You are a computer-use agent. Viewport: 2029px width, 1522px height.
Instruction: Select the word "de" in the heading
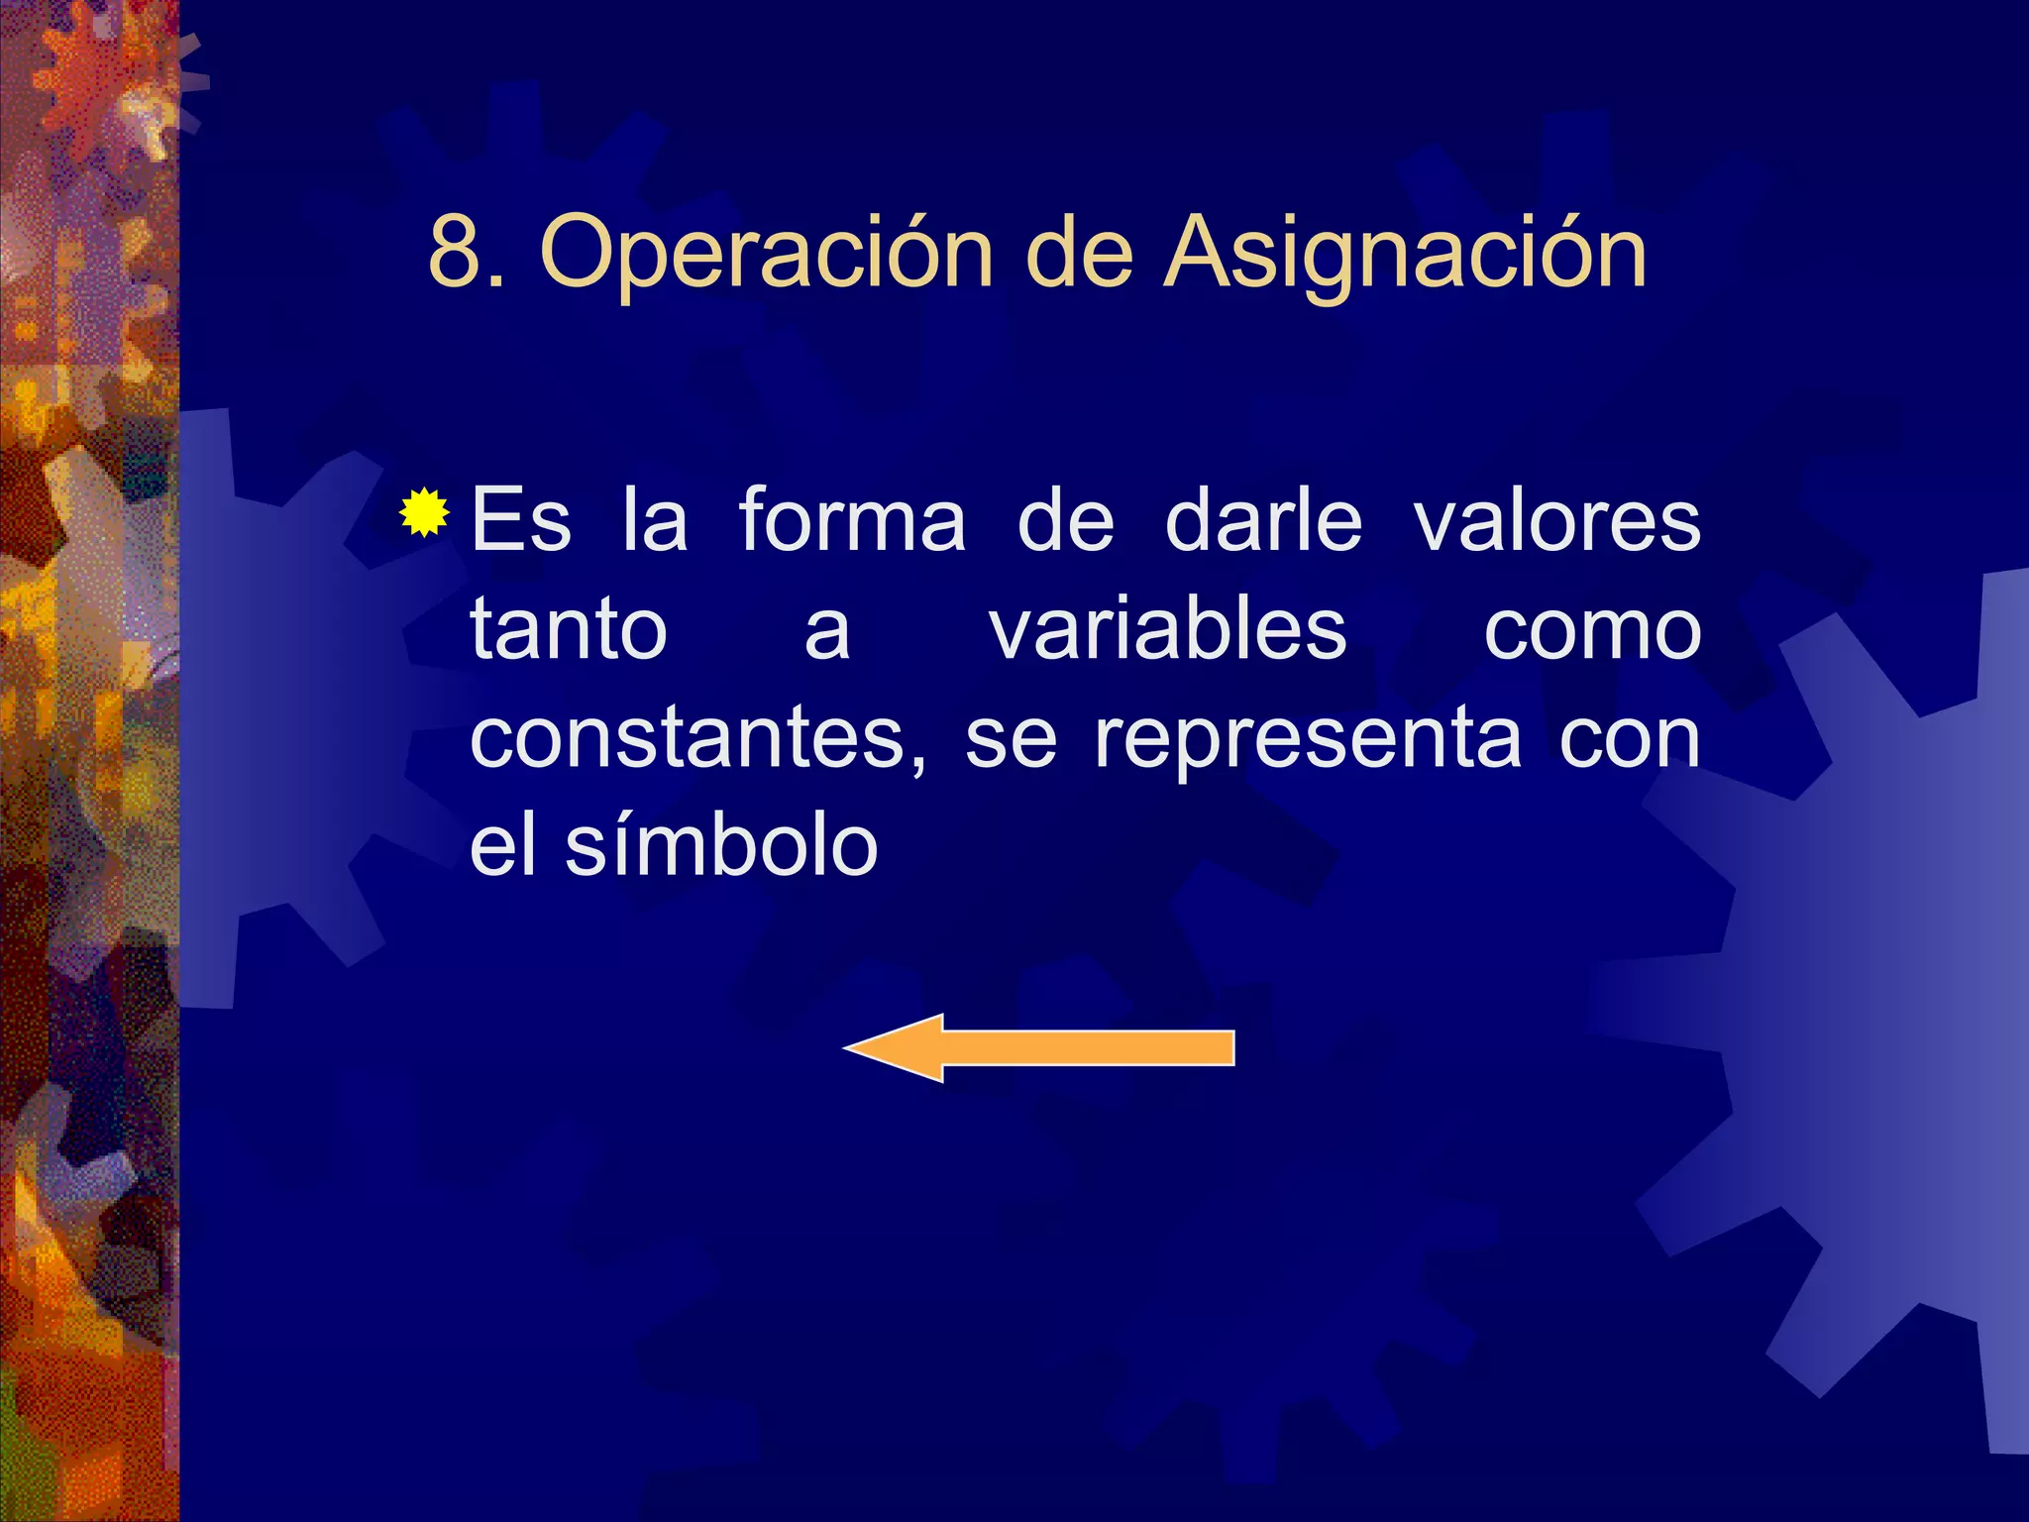point(1079,253)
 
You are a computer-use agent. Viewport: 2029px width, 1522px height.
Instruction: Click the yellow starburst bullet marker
point(425,513)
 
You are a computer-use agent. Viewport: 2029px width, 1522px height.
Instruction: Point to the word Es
point(521,520)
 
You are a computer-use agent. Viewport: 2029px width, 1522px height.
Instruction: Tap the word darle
point(1263,520)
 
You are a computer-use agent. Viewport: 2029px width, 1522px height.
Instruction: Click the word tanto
point(569,629)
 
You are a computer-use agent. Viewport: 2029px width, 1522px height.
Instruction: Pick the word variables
point(1168,629)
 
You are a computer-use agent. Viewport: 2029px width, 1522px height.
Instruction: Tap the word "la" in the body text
point(655,520)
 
